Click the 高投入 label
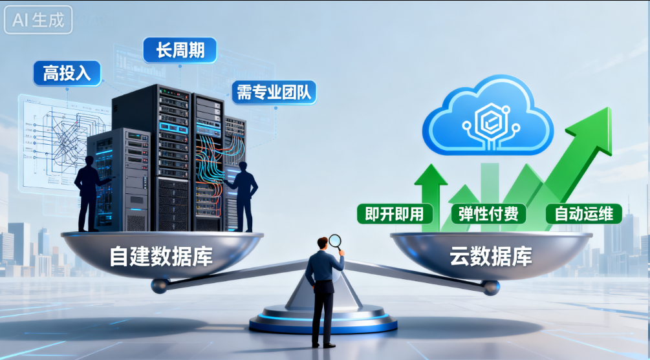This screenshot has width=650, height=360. (x=67, y=73)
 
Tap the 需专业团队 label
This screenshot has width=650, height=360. (x=274, y=92)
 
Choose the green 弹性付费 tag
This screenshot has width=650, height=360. (x=488, y=214)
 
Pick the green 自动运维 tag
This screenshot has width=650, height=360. (x=583, y=214)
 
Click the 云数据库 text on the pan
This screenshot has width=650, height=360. (x=491, y=257)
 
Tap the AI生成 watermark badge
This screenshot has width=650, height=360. (x=38, y=19)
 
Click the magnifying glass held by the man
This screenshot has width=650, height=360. (x=335, y=242)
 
